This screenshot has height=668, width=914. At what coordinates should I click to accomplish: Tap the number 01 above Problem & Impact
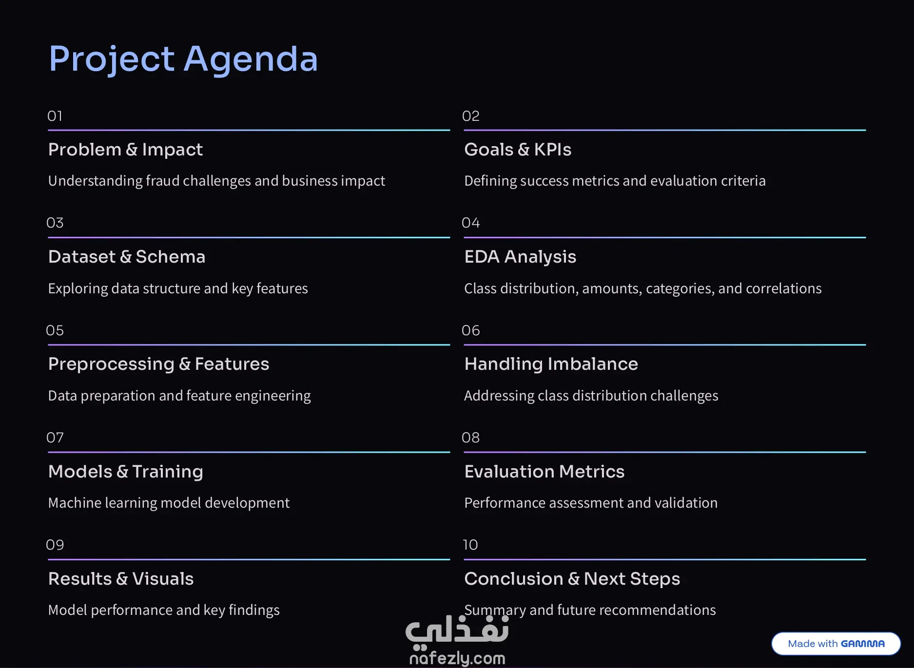55,116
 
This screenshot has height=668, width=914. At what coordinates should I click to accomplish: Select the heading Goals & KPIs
518,150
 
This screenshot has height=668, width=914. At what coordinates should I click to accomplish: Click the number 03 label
55,223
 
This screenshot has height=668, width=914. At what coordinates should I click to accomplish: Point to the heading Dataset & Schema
127,257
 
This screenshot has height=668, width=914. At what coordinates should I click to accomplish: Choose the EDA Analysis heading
520,257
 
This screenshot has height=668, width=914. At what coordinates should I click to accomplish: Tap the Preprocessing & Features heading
158,364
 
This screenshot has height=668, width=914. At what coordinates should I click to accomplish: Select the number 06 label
471,330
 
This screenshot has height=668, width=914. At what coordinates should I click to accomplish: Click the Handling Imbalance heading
551,364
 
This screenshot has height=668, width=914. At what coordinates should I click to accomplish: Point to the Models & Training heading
126,472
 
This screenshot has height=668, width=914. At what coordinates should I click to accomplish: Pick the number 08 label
471,438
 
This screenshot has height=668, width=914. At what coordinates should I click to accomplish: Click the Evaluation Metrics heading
544,472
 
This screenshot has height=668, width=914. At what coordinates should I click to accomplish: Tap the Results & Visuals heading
121,579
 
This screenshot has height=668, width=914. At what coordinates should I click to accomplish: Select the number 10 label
470,545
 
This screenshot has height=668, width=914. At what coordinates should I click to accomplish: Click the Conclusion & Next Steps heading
572,579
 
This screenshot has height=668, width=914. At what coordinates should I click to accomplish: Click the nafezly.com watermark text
457,658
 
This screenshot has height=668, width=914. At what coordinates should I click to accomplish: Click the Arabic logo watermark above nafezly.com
457,632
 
